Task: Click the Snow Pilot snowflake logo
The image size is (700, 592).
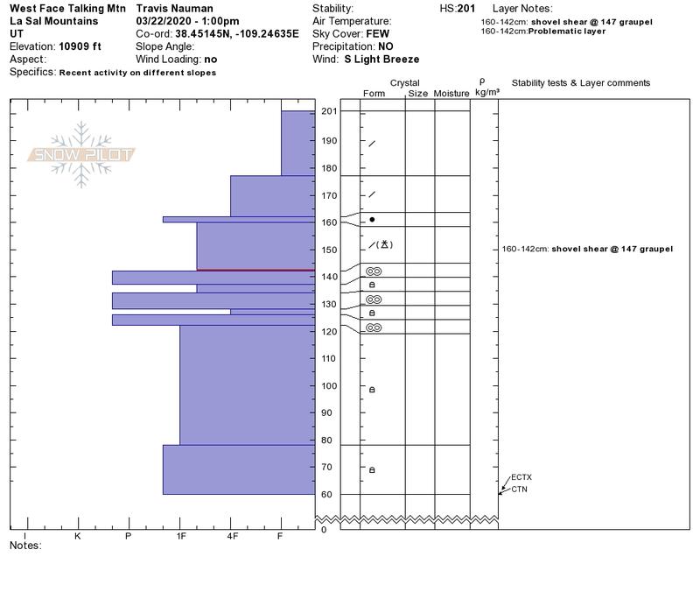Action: point(80,154)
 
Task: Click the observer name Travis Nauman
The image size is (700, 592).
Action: point(174,9)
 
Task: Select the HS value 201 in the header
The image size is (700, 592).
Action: point(466,9)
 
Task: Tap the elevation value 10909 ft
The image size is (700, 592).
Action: point(80,46)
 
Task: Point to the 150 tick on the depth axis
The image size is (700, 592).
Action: point(330,250)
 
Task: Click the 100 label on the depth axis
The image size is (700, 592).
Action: point(330,386)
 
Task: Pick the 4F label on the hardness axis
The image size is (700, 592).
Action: point(232,536)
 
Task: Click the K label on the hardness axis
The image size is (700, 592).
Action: point(78,536)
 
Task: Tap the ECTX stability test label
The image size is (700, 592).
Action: point(521,477)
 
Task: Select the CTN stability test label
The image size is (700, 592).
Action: point(519,490)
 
